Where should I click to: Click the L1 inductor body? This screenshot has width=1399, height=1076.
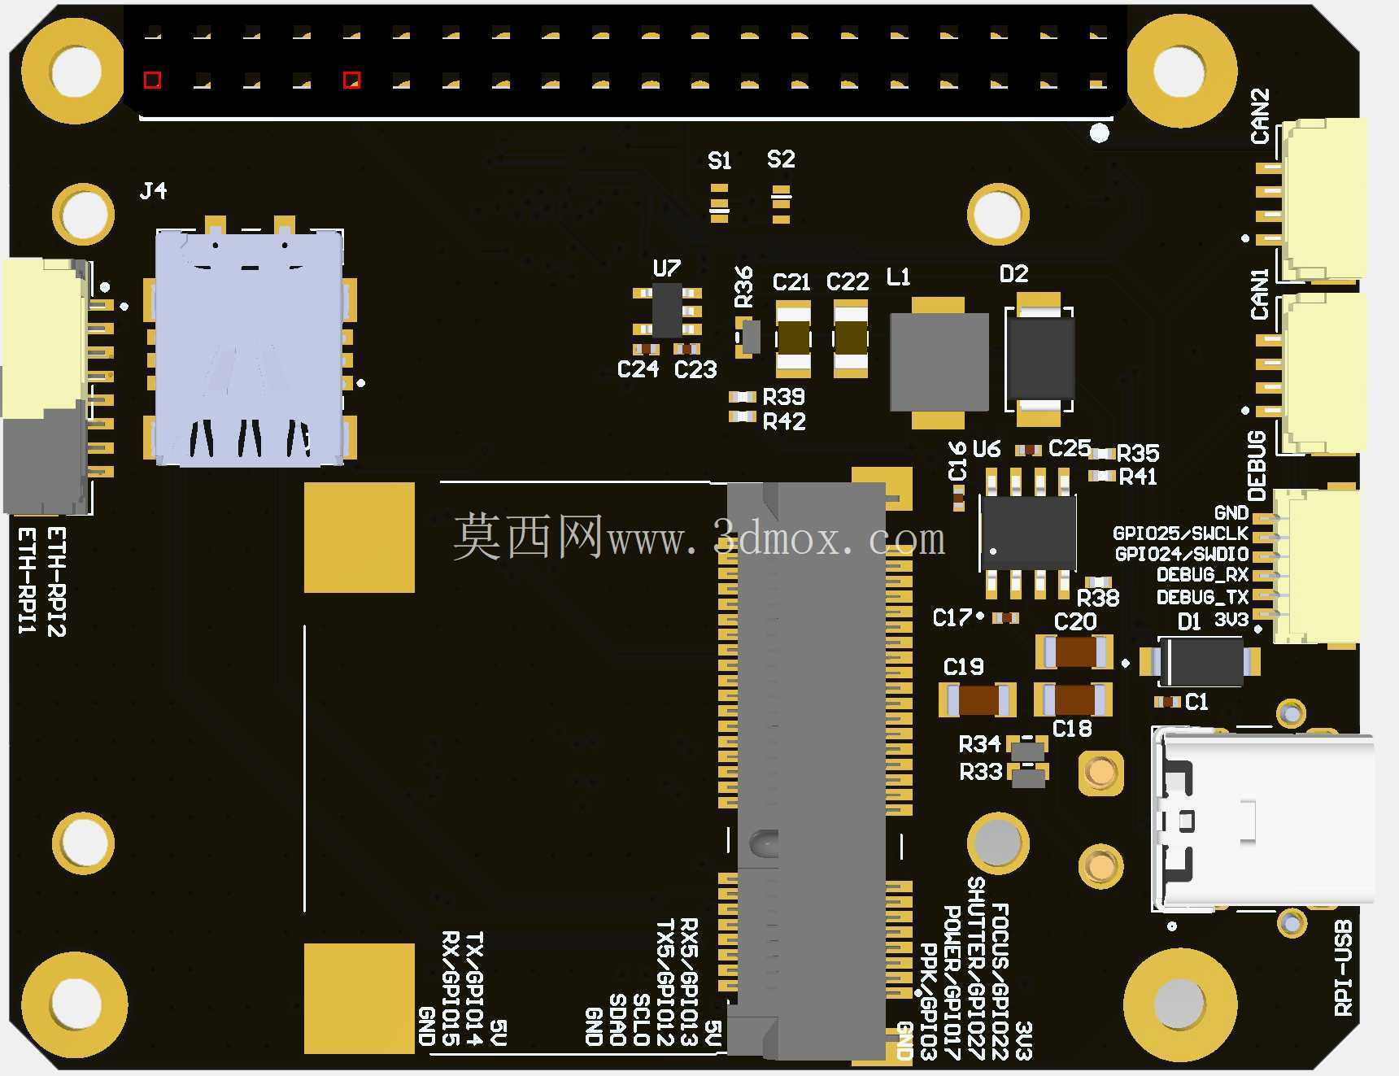pos(939,363)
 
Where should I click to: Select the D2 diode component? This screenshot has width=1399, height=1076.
pos(1039,359)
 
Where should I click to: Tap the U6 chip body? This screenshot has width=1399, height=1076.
pos(1028,533)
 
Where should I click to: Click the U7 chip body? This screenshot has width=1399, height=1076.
pos(668,310)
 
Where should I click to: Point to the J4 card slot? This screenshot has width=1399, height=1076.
pos(250,347)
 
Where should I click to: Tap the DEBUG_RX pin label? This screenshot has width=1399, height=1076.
pos(1202,575)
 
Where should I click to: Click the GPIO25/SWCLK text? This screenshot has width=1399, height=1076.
pos(1180,534)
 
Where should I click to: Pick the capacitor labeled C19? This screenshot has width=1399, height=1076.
pos(978,699)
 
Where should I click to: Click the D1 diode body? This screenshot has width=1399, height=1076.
pos(1201,661)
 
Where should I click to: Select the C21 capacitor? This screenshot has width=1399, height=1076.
pos(793,338)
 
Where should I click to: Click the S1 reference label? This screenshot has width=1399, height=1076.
pos(720,161)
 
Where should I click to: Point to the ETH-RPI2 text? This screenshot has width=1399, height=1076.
pos(56,582)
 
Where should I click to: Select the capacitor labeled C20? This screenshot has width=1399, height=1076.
pos(1074,651)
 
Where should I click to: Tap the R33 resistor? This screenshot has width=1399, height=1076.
pos(1028,774)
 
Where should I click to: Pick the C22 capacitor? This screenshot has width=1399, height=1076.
pos(851,338)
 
